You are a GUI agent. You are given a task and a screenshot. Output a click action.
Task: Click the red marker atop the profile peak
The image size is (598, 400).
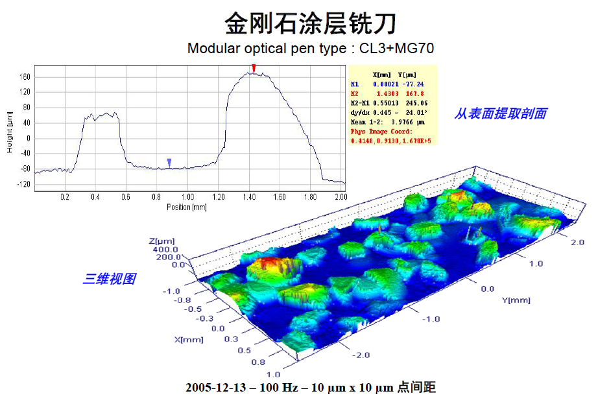254,68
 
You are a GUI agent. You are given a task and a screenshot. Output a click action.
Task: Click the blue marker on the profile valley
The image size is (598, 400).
169,162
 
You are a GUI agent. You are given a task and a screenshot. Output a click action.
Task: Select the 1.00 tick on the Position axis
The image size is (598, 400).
187,196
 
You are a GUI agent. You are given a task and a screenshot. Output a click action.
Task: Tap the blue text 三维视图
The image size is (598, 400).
109,279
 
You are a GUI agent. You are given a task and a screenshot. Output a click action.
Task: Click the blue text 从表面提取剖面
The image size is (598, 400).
500,113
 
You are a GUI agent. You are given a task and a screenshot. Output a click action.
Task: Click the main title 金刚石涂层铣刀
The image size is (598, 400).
310,25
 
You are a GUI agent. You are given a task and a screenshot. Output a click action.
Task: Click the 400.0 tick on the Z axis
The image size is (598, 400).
165,249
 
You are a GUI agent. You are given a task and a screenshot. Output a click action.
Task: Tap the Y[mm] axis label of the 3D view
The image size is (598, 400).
516,300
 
